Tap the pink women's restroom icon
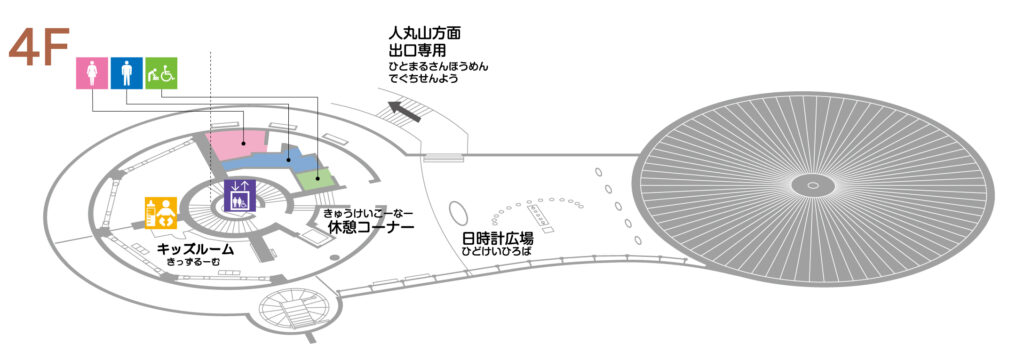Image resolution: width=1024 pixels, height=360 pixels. pyautogui.click(x=92, y=73)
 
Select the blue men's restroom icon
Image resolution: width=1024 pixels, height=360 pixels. pyautogui.click(x=126, y=73)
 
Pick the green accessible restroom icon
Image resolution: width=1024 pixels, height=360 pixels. pyautogui.click(x=161, y=73)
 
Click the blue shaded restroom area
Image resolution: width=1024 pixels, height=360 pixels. pyautogui.click(x=271, y=159)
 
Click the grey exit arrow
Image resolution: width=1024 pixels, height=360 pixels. pyautogui.click(x=405, y=111)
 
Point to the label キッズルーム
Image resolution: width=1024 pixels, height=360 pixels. pyautogui.click(x=195, y=250)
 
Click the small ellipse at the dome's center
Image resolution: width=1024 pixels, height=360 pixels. pyautogui.click(x=813, y=186)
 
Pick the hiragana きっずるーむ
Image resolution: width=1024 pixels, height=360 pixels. pyautogui.click(x=195, y=263)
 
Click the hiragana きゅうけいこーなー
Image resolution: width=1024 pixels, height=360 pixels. pyautogui.click(x=368, y=214)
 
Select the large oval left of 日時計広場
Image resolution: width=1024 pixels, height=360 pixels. pyautogui.click(x=457, y=213)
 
